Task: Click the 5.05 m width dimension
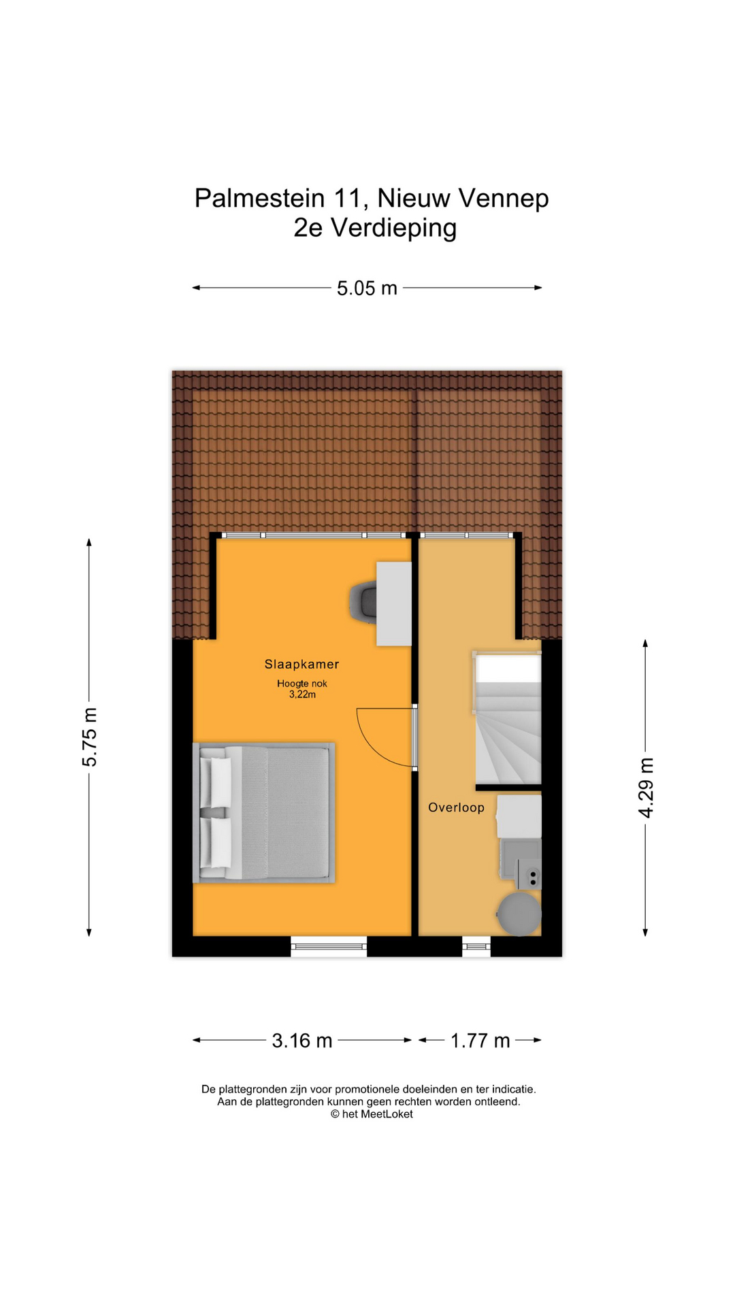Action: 367,288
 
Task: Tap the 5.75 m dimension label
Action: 90,737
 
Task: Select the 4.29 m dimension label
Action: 646,788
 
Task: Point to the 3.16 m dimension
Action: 302,1041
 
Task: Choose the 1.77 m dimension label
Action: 480,1041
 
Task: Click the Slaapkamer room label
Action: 301,665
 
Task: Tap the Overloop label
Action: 456,807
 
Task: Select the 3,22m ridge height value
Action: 302,694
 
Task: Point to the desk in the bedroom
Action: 394,603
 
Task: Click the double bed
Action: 264,813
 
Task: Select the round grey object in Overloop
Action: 519,914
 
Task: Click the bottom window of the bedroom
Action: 329,946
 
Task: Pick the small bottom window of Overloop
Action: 476,946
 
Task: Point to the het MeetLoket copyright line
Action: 372,1114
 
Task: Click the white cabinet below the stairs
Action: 519,816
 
